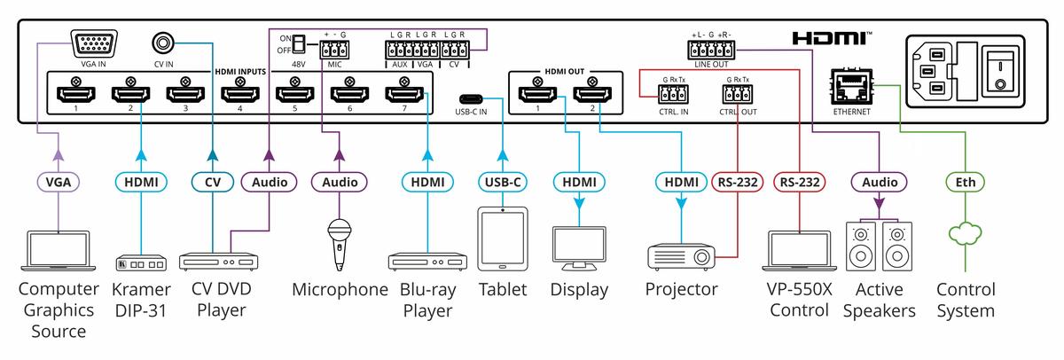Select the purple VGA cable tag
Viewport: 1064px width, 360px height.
click(59, 182)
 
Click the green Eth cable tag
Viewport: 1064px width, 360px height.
click(960, 182)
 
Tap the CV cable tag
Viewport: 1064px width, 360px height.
click(211, 182)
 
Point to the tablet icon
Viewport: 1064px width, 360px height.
click(503, 240)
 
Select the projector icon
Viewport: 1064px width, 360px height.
click(680, 254)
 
